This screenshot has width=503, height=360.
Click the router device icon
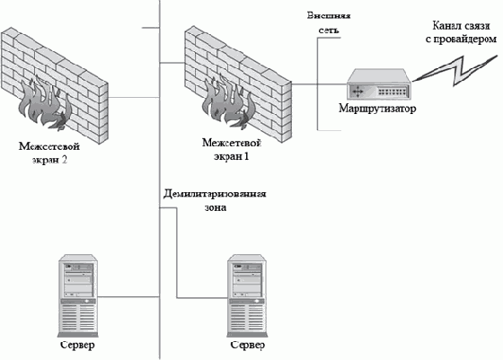pos(379,84)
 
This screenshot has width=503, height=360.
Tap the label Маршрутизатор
pos(377,109)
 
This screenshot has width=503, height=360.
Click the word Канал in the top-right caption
pos(445,26)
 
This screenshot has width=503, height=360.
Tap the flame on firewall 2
pos(44,103)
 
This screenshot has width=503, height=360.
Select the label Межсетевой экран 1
pos(232,149)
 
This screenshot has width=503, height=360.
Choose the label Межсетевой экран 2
pos(49,153)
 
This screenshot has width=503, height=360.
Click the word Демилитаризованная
pos(215,194)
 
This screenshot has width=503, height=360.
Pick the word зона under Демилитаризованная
pos(216,207)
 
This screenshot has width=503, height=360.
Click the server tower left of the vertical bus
pos(78,295)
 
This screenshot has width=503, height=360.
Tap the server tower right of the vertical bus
pos(247,295)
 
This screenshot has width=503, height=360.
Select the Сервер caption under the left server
pos(77,345)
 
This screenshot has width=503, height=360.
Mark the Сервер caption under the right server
pos(248,345)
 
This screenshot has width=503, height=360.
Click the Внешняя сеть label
pos(329,22)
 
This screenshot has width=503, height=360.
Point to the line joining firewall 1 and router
pos(320,84)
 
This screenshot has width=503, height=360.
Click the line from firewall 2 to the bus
pos(134,97)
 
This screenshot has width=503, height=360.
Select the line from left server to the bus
pos(128,297)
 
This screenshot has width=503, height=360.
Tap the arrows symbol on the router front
pos(357,92)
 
